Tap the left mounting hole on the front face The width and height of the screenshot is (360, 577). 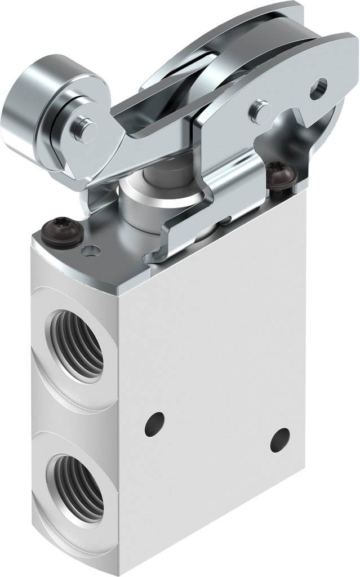click(154, 423)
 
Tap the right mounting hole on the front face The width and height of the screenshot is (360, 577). click(279, 440)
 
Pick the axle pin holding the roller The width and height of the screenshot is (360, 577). click(85, 128)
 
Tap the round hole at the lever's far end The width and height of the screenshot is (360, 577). click(319, 86)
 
